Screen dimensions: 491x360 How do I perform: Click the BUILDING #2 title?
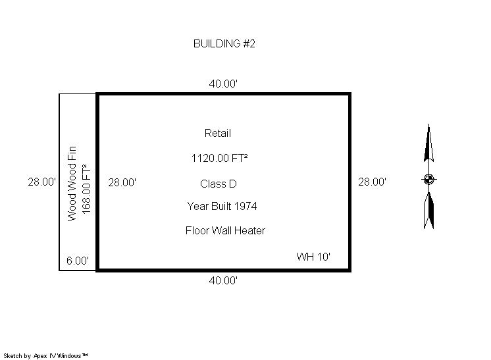point(224,43)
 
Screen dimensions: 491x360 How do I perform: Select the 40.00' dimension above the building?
point(223,84)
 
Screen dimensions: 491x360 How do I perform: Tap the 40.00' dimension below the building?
point(223,280)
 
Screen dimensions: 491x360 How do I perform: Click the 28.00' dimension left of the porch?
point(42,182)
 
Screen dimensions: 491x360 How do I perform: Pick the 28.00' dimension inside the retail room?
point(122,182)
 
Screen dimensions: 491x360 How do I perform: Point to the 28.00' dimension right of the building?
point(373,182)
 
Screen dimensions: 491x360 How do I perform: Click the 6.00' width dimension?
point(78,261)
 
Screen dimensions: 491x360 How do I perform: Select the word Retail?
point(218,134)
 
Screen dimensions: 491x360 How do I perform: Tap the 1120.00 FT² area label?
point(220,158)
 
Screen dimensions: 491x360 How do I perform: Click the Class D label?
point(219,184)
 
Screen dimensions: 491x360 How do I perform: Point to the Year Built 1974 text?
point(222,206)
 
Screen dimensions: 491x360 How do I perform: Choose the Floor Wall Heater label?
point(225,231)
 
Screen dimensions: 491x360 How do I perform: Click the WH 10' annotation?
point(313,257)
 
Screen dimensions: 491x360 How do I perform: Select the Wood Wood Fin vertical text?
point(72,184)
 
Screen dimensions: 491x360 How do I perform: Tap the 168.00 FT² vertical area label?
point(86,189)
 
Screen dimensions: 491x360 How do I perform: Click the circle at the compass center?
point(428,180)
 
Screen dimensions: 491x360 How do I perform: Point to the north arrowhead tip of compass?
point(428,124)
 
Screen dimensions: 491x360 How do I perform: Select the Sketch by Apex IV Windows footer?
point(45,356)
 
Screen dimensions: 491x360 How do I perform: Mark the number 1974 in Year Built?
point(245,206)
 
